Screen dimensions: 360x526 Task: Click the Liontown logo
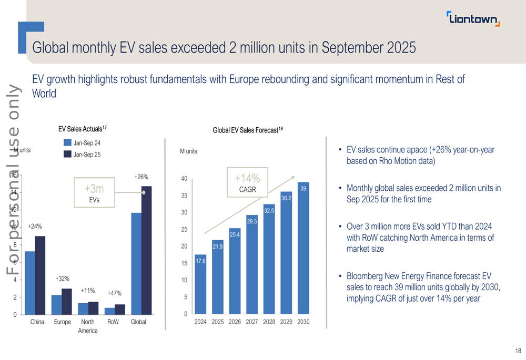pos(473,19)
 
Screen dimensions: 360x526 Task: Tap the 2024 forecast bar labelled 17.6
pos(200,284)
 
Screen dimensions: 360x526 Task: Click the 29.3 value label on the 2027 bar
pos(252,222)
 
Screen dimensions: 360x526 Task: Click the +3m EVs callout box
pos(95,193)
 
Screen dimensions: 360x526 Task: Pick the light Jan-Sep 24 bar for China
pos(30,283)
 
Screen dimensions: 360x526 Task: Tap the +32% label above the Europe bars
pos(63,279)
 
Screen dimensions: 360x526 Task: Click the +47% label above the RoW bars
pos(115,293)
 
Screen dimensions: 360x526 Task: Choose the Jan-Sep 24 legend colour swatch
pos(67,142)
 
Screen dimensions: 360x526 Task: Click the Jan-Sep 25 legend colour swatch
pos(67,154)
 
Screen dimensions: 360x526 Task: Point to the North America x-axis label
pos(88,326)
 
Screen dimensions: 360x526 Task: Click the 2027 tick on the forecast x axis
pos(252,322)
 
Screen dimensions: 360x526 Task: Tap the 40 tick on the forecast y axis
pos(184,179)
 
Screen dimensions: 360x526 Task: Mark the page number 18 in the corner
pos(518,351)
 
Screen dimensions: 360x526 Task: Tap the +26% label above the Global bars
pos(141,177)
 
